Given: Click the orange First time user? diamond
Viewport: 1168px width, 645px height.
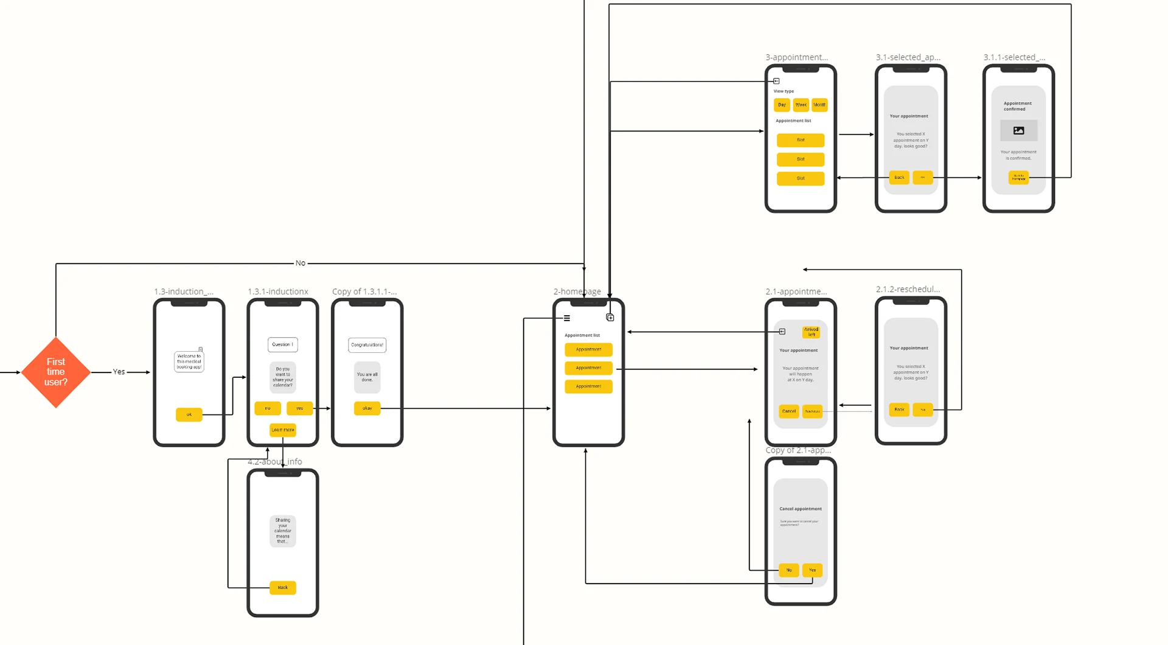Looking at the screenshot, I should tap(55, 372).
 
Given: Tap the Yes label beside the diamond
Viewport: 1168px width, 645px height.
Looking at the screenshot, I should tap(119, 372).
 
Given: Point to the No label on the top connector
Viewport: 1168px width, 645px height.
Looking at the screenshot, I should tap(301, 263).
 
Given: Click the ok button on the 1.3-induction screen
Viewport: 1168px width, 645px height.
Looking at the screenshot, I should tap(189, 414).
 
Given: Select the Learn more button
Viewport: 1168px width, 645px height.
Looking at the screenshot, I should tap(282, 430).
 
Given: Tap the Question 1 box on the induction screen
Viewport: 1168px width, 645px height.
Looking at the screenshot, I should tap(282, 344).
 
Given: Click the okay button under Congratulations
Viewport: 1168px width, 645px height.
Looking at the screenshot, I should tap(367, 408).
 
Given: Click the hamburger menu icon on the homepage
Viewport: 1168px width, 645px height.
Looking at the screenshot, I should tap(567, 318).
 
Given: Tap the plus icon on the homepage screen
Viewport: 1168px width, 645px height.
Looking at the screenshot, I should tap(610, 318).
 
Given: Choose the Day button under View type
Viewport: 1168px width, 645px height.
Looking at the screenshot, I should tap(782, 105).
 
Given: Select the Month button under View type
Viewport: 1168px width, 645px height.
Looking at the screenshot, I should tap(819, 105).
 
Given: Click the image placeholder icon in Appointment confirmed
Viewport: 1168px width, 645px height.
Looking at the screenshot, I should tap(1018, 130).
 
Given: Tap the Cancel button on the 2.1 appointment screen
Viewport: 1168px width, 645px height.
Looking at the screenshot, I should tap(789, 411).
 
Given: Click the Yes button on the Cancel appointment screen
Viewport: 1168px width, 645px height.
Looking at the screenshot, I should tap(812, 570).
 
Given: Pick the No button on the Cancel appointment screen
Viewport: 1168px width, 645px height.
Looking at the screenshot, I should tap(789, 570).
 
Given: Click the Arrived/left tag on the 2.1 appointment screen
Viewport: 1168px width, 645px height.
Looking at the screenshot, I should tap(811, 332).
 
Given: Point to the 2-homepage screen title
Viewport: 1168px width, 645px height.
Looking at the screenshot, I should tap(577, 291).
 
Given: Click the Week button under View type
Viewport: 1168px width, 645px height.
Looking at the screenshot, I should tap(801, 105).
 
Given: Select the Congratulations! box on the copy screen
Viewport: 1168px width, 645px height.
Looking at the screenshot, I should tap(367, 345).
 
